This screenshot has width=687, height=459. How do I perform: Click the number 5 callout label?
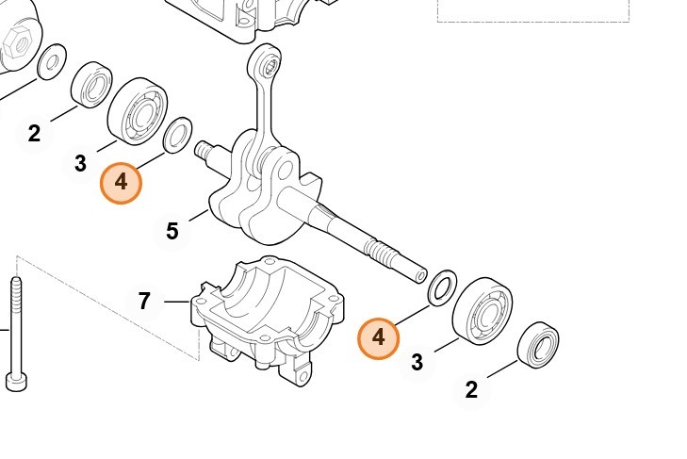pyautogui.click(x=172, y=231)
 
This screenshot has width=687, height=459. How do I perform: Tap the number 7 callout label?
pyautogui.click(x=144, y=302)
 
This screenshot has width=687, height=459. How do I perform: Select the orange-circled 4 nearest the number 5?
pyautogui.click(x=121, y=183)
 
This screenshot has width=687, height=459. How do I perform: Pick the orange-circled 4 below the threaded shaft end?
pyautogui.click(x=379, y=337)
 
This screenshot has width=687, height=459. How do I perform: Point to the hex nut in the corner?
pyautogui.click(x=17, y=41)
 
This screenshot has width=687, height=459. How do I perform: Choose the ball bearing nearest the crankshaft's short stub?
pyautogui.click(x=138, y=111)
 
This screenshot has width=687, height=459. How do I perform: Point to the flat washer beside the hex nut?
pyautogui.click(x=51, y=61)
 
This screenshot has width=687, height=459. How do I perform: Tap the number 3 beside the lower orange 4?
pyautogui.click(x=417, y=361)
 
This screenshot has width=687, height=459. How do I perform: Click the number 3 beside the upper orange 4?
pyautogui.click(x=80, y=164)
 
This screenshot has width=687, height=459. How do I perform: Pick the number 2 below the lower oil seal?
pyautogui.click(x=471, y=388)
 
